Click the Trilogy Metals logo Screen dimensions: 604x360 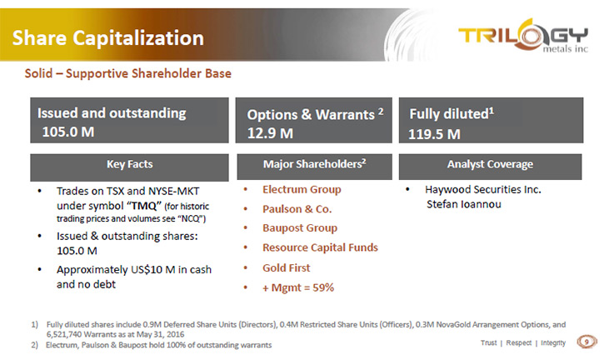point(522,36)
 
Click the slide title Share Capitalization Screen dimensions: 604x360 point(107,37)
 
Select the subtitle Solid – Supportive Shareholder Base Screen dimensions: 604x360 point(128,73)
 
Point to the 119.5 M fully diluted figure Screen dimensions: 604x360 point(434,134)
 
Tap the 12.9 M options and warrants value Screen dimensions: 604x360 point(270,133)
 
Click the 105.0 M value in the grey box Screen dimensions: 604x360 point(68,132)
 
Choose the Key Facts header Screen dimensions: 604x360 point(130,164)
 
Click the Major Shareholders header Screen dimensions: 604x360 point(314,164)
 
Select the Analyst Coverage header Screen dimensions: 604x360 point(490,164)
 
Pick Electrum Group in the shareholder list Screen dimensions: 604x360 point(302,189)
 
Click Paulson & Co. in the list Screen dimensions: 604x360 point(297,209)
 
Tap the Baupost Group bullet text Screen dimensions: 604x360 point(300,227)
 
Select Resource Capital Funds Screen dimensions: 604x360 point(320,247)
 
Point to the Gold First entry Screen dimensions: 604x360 point(287,267)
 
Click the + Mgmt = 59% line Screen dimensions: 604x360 point(298,287)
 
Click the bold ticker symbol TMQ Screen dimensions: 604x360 point(144,206)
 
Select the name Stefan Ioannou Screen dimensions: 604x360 point(464,204)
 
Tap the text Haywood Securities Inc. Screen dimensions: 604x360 point(483,189)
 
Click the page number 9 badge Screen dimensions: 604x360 point(587,342)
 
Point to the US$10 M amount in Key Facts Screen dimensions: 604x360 point(153,269)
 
